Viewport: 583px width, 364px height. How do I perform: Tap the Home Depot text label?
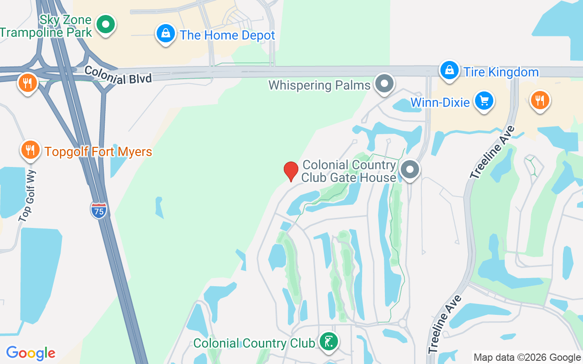[227, 35]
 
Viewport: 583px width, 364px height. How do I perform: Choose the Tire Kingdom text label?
[501, 72]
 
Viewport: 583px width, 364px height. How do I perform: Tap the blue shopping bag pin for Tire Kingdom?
[449, 70]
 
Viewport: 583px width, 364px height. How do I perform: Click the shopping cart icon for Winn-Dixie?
[484, 101]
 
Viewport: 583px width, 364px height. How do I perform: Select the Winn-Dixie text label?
[440, 102]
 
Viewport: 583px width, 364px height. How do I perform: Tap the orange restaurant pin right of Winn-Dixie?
[540, 100]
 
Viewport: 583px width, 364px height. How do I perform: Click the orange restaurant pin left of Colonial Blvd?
[27, 83]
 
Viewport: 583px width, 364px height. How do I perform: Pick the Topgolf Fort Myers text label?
[98, 152]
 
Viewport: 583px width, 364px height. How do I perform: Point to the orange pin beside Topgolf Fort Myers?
[30, 149]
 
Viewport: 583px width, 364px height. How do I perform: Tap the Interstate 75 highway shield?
[98, 210]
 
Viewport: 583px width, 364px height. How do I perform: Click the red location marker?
[291, 171]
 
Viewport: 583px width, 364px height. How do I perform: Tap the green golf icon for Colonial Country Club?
[328, 341]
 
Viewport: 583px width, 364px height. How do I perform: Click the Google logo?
[31, 353]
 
